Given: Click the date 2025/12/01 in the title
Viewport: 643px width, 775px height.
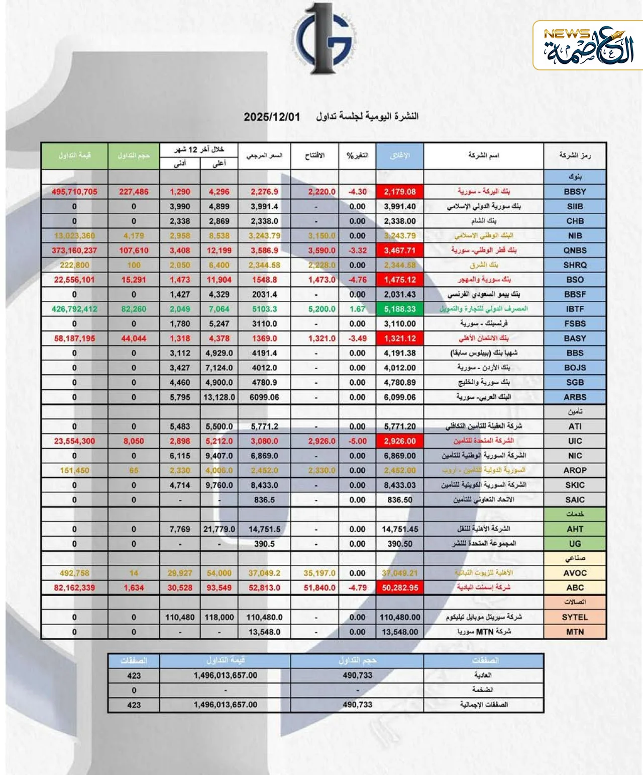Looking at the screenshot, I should [272, 117].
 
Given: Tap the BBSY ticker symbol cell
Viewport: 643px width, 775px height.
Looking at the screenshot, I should [575, 192].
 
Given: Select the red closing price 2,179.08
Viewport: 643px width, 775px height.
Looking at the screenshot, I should [400, 192].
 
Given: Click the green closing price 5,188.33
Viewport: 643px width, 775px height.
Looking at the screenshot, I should [400, 309].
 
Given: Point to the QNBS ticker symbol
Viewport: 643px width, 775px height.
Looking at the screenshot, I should [575, 250].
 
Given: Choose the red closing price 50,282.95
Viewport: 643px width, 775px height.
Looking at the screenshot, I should [400, 588].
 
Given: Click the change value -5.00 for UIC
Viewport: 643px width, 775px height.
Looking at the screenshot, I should [357, 441].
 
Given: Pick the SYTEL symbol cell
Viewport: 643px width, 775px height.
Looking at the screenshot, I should [575, 617].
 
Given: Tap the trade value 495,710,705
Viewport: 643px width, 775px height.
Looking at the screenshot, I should [74, 192].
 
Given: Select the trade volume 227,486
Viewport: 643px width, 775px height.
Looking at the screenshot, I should [134, 192].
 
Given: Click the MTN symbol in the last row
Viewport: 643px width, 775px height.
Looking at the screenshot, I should [575, 632].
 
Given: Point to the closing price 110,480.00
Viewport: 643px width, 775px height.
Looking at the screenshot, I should [400, 617].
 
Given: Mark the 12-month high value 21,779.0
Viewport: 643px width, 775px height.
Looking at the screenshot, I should [219, 529].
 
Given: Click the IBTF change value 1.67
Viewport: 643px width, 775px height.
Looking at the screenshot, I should [357, 309].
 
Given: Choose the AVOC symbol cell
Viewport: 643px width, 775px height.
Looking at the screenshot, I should [575, 573].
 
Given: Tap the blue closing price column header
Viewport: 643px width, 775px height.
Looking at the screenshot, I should [400, 155].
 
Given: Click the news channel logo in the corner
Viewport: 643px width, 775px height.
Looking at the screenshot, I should [588, 45].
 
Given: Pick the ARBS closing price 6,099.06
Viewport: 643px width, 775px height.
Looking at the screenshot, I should [400, 397].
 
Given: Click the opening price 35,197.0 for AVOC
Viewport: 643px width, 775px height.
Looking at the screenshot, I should [315, 573].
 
